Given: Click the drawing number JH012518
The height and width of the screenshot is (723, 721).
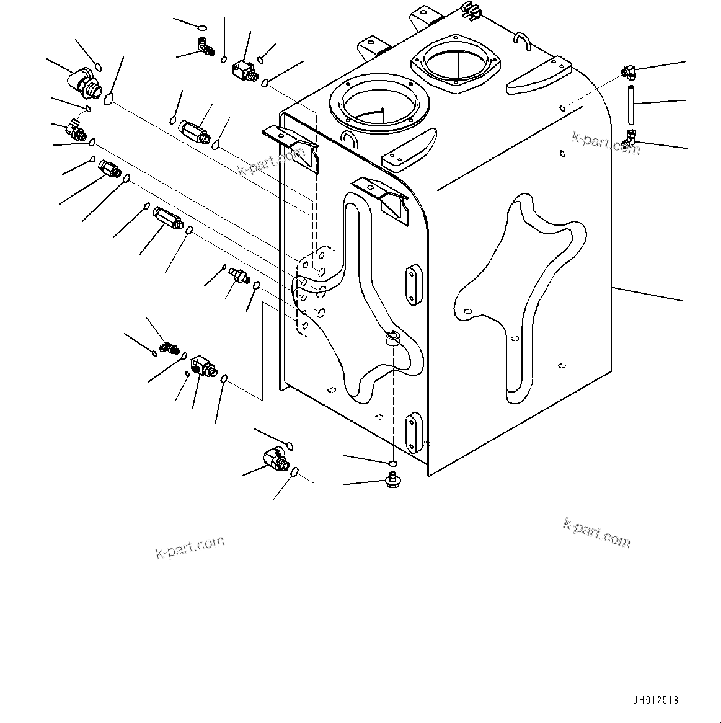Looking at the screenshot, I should coord(656,700).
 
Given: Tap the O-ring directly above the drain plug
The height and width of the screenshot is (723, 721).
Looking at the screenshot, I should coord(392,463).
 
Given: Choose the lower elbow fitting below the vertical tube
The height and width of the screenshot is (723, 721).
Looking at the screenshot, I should coord(630,140).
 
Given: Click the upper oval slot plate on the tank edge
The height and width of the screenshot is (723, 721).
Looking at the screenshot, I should coord(413,285).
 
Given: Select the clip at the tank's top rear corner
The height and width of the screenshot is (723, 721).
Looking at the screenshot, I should coord(472,9).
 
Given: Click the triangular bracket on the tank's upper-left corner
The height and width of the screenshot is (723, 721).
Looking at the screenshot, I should coord(291,141).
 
